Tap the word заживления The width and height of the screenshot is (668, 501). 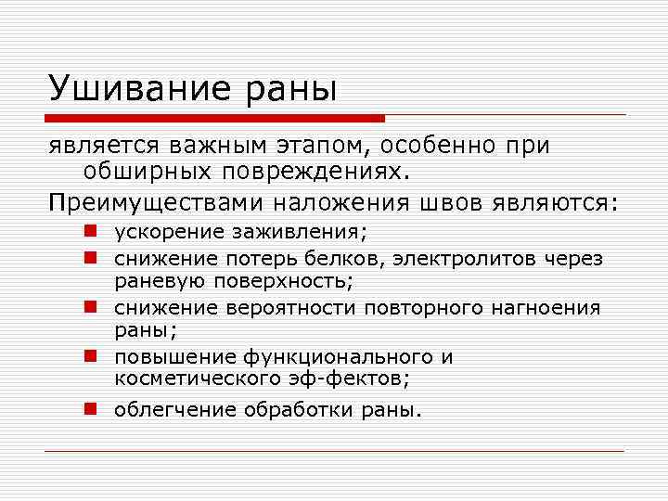(303, 233)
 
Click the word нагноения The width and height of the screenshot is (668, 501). (546, 308)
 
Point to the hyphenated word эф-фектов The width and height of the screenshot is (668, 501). (356, 379)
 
